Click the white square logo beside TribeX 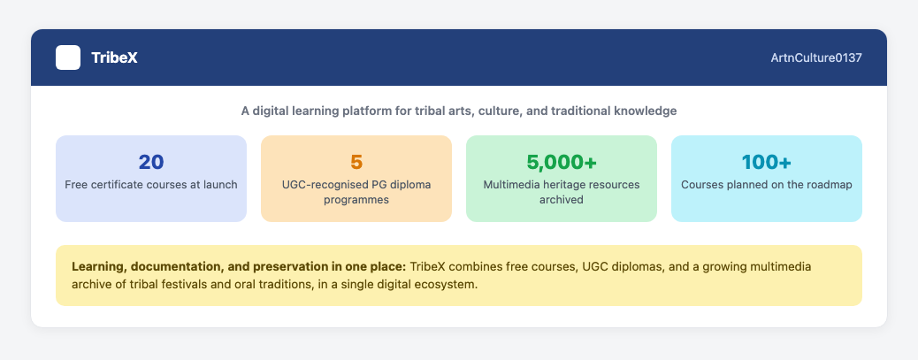[x=68, y=57]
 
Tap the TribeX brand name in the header [x=114, y=58]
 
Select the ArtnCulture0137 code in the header [x=816, y=58]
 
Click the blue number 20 [x=151, y=162]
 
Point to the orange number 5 [x=356, y=162]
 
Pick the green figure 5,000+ [x=562, y=162]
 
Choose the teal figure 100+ [x=767, y=162]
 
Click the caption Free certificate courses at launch [x=151, y=185]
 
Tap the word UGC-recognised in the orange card [x=319, y=185]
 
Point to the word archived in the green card [x=562, y=200]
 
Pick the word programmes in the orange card [x=356, y=200]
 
